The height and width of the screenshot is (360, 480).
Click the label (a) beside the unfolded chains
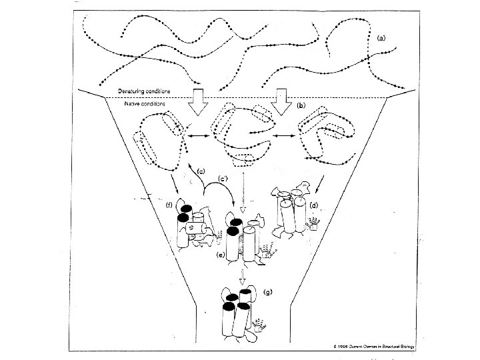point(381,39)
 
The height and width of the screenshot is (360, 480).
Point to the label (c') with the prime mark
point(225,180)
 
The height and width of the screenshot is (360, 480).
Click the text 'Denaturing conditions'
point(145,91)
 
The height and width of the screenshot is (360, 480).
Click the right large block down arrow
point(280,98)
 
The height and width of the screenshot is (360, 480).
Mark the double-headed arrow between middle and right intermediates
point(283,137)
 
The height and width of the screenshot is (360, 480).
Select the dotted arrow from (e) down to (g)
point(243,275)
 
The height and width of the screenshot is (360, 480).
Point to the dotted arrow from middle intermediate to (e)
point(243,194)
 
